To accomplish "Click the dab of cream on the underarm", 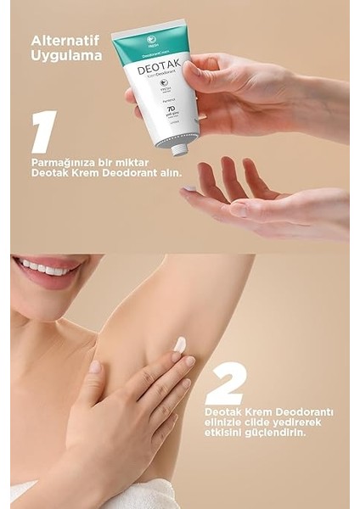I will pyautogui.click(x=179, y=344).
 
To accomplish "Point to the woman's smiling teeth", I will pyautogui.click(x=46, y=269).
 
